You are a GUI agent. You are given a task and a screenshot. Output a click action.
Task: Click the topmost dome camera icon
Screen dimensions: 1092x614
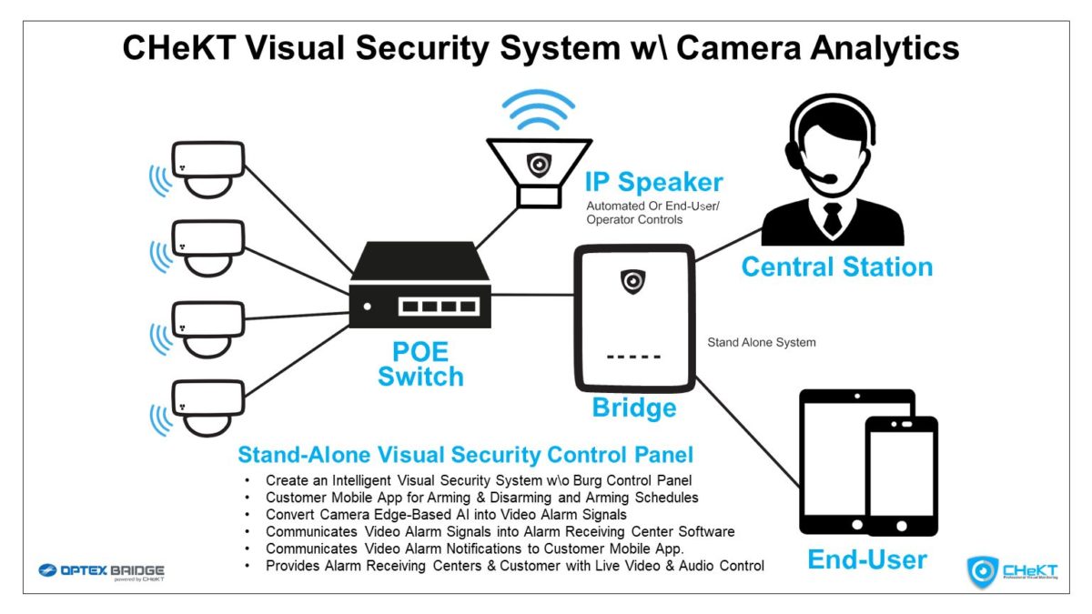[x=207, y=169]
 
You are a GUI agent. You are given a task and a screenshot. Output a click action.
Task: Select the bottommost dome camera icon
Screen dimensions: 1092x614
[x=207, y=408]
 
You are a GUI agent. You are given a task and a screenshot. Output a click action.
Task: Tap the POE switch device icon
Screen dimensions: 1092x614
[x=420, y=285]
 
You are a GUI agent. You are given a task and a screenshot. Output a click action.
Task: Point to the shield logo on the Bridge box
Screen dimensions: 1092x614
[x=632, y=282]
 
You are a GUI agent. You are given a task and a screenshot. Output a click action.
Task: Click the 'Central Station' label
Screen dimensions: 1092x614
[x=837, y=267]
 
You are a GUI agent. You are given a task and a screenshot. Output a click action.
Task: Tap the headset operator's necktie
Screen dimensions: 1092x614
[x=833, y=218]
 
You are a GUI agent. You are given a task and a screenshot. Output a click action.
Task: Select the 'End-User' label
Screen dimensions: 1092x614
[x=867, y=559]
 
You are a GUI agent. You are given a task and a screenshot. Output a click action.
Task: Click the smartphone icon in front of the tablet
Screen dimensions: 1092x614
[x=902, y=476]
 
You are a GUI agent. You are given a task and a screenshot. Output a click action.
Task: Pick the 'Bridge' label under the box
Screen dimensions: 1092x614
[x=634, y=408]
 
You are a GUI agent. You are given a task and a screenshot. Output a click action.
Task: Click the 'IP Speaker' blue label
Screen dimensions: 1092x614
[x=653, y=182]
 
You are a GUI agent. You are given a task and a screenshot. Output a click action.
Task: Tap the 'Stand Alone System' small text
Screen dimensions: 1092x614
[x=762, y=343]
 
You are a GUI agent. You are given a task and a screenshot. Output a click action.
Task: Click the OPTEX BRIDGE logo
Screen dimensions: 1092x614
[x=101, y=571]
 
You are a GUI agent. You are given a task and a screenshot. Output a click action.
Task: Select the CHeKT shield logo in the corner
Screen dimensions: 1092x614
[x=983, y=571]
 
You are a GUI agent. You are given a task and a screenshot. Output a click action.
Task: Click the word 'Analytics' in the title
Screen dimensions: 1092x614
[x=885, y=48]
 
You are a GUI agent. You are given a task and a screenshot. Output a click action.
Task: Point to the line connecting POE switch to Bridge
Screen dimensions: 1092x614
[x=533, y=295]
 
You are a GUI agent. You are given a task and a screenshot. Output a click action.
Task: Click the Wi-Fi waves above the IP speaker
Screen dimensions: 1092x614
[x=539, y=109]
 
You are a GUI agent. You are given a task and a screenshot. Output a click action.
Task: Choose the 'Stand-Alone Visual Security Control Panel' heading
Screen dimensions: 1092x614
[x=465, y=454]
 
